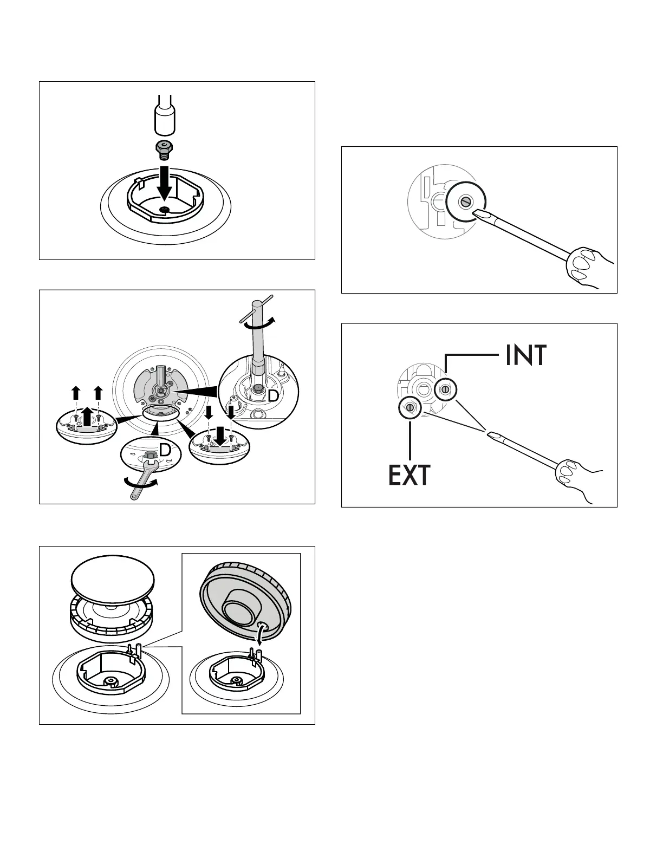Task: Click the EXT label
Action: click(409, 475)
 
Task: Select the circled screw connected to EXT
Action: click(410, 407)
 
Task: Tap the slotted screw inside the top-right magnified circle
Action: click(465, 202)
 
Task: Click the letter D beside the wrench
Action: click(165, 450)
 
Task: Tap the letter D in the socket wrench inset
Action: click(273, 396)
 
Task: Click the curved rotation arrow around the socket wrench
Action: click(256, 323)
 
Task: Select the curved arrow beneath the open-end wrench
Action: click(140, 482)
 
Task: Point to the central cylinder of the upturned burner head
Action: click(238, 606)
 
